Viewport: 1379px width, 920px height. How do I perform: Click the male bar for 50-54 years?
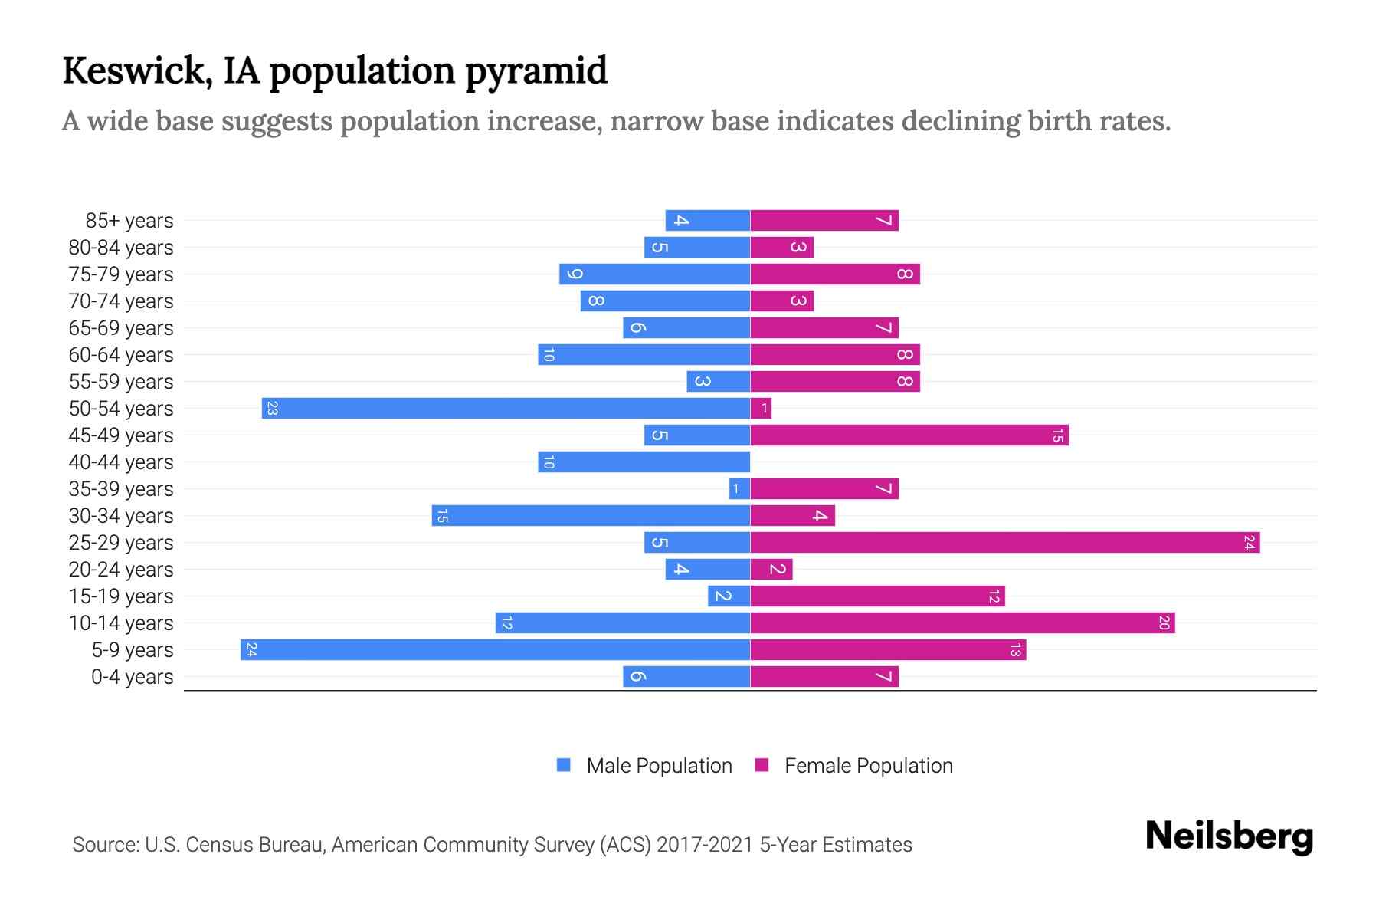tap(506, 408)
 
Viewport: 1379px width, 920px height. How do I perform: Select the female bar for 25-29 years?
tap(1004, 543)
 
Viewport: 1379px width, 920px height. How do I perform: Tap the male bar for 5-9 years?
tap(495, 650)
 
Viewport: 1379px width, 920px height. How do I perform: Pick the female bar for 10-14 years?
tap(962, 623)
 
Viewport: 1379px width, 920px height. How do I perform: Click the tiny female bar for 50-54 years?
tap(761, 409)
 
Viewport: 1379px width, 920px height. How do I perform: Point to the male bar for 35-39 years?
tap(739, 489)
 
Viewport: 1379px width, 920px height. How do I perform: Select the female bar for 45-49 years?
tap(909, 435)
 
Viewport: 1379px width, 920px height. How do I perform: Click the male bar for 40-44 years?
tap(644, 462)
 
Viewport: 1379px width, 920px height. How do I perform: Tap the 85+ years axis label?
tap(129, 221)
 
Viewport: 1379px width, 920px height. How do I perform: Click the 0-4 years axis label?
tap(132, 677)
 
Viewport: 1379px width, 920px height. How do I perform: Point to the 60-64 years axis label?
tap(121, 355)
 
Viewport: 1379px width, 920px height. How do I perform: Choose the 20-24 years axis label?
tap(121, 570)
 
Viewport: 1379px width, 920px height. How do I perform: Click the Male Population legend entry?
tap(659, 766)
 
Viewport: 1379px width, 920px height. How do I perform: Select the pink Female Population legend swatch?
tap(762, 765)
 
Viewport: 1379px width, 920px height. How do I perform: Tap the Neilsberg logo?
tap(1229, 836)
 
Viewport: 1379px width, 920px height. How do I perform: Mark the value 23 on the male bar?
tap(272, 409)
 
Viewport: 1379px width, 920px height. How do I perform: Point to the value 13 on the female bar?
tap(1015, 650)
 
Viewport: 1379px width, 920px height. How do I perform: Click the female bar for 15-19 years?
tap(877, 596)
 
